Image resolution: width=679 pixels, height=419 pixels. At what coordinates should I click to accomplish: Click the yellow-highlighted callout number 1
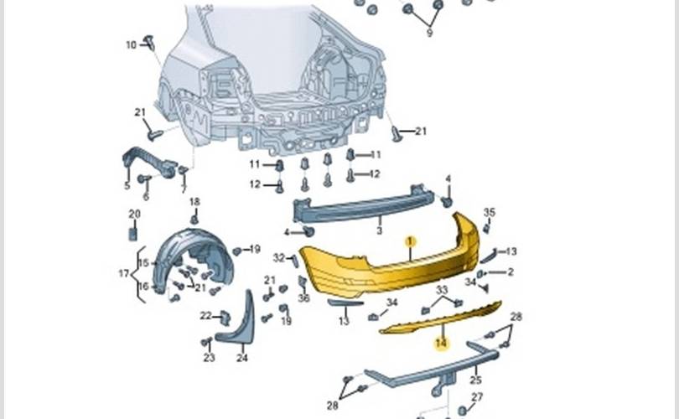[411, 241]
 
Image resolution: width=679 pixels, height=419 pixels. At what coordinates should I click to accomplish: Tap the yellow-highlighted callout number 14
[441, 344]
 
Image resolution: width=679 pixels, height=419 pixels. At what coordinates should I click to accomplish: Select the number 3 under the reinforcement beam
[380, 230]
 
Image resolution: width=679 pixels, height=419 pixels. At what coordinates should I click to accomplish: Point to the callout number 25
[475, 380]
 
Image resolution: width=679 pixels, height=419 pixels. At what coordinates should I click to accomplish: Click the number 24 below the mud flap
[242, 358]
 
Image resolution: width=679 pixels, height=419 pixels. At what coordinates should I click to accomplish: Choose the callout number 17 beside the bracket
[124, 273]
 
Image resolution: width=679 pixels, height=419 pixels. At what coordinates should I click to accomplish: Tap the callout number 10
[132, 44]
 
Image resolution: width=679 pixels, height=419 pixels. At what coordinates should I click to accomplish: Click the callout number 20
[134, 214]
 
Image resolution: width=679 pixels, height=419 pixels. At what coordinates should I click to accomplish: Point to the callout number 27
[477, 396]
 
